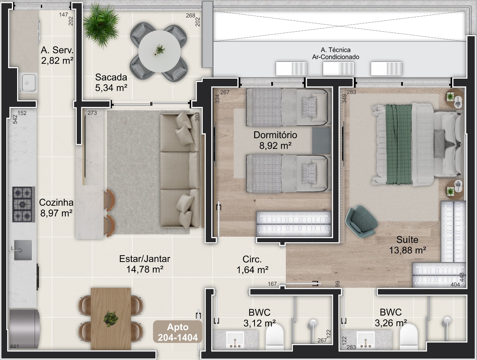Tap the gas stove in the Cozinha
pos(23,204)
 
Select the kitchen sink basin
pos(23,250)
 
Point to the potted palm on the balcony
pos(101,26)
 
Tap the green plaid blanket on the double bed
pos(399,145)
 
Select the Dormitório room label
pos(275,135)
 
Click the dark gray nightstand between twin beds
pos(321,140)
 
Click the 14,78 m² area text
pos(145,269)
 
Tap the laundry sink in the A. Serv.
pos(28,83)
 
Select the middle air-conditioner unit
pos(338,69)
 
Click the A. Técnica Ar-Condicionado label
pos(335,53)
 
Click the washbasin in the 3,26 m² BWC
pos(366,340)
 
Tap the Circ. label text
pos(252,259)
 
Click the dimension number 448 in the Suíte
pos(462,277)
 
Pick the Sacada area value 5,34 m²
pos(111,88)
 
